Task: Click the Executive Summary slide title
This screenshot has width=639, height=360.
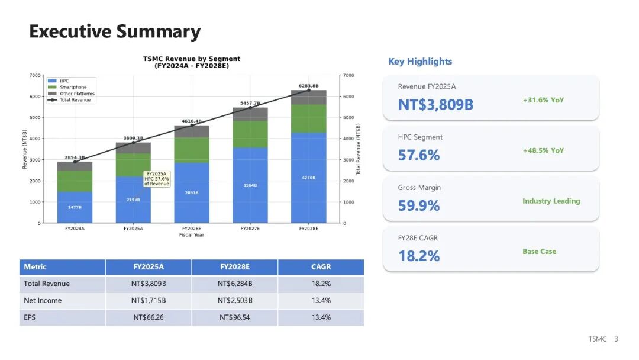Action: [x=115, y=31]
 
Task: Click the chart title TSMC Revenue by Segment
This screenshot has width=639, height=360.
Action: [x=192, y=59]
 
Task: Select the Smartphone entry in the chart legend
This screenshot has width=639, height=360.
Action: [x=73, y=87]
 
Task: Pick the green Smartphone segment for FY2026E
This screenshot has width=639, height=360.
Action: [x=192, y=150]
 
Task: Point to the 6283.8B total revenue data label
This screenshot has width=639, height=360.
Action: [x=308, y=86]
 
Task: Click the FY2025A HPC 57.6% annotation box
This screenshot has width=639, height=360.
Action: [x=157, y=179]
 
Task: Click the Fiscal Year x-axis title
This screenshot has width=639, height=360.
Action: [x=192, y=235]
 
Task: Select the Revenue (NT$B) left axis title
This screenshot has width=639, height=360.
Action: [x=25, y=149]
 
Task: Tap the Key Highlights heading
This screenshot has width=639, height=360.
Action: [x=420, y=62]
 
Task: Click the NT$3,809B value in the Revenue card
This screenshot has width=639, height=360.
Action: [x=435, y=105]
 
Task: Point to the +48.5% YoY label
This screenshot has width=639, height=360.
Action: [x=543, y=150]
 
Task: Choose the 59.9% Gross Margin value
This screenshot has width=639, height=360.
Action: [x=419, y=205]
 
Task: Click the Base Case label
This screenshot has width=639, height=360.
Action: [x=539, y=252]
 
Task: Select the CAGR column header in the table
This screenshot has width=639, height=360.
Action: [x=321, y=267]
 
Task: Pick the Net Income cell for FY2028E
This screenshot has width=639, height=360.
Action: [x=235, y=301]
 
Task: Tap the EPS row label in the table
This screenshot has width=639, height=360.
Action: [x=30, y=317]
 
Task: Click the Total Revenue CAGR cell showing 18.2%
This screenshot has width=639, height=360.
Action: [x=321, y=284]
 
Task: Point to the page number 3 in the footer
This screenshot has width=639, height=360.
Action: [x=616, y=339]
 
